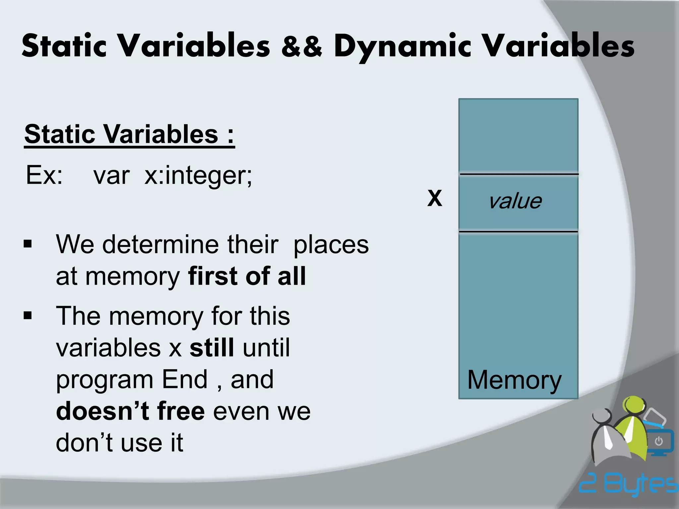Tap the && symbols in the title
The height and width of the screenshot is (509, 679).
coord(301,46)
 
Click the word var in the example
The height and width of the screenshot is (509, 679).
coord(111,175)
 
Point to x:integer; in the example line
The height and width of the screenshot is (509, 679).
coord(198,175)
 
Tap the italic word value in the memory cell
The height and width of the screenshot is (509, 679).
coord(515,201)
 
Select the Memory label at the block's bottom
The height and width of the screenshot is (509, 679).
coord(514,380)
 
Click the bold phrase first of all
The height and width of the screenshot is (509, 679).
coord(247,276)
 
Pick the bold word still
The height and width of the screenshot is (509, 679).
coord(212,348)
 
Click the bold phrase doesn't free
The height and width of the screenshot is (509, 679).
coord(130,411)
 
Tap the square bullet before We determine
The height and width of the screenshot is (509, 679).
coord(28,245)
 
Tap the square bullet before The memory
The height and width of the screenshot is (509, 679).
coord(28,316)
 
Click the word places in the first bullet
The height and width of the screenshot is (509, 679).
coord(331,245)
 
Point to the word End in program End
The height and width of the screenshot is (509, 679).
coord(185,379)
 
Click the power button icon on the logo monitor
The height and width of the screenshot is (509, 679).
coord(659,441)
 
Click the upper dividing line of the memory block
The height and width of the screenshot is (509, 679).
coord(519,174)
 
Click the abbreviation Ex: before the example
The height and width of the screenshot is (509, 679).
coord(44,175)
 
